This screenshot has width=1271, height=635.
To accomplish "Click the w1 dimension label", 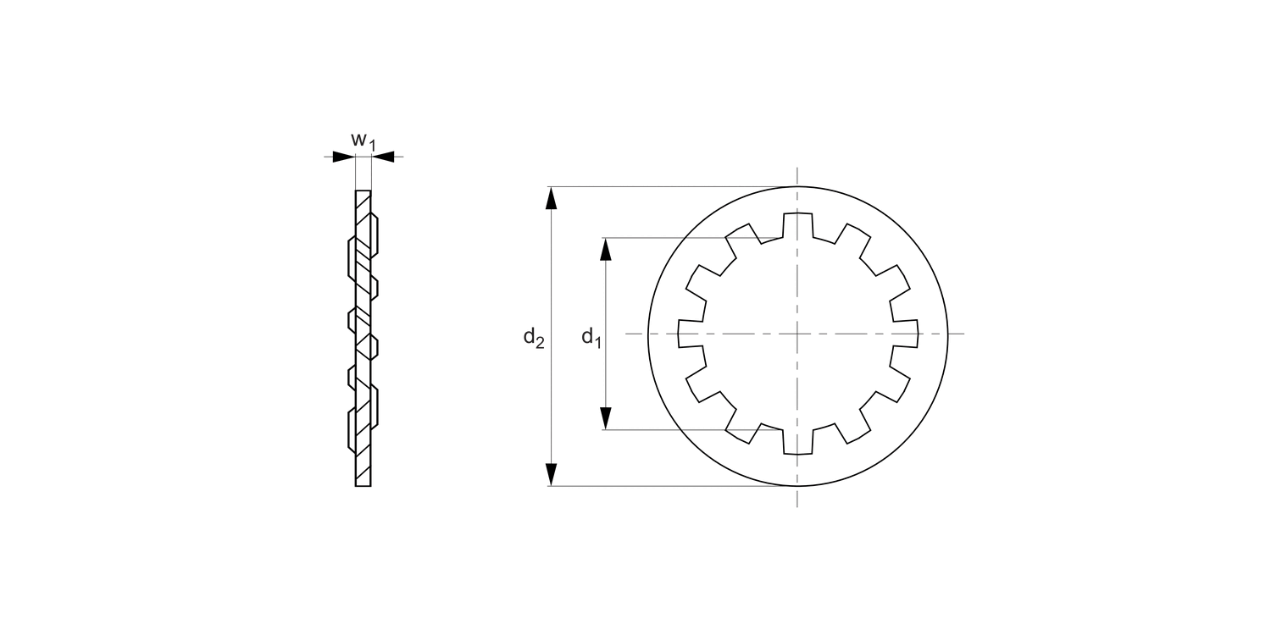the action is click(364, 141).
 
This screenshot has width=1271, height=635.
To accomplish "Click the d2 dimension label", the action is click(533, 337).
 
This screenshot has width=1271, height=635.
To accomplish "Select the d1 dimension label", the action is click(591, 337).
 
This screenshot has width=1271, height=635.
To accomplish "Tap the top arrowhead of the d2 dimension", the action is click(551, 198).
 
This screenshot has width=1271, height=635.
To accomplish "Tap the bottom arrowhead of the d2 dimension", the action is click(551, 474).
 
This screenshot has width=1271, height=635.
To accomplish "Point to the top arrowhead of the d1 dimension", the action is click(606, 249).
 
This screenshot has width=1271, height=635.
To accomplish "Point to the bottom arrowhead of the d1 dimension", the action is click(606, 418).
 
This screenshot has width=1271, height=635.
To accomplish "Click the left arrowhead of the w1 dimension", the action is click(344, 157).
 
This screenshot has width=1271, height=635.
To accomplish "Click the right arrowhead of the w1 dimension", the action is click(382, 157).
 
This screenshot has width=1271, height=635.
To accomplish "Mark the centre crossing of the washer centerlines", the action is click(797, 334).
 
